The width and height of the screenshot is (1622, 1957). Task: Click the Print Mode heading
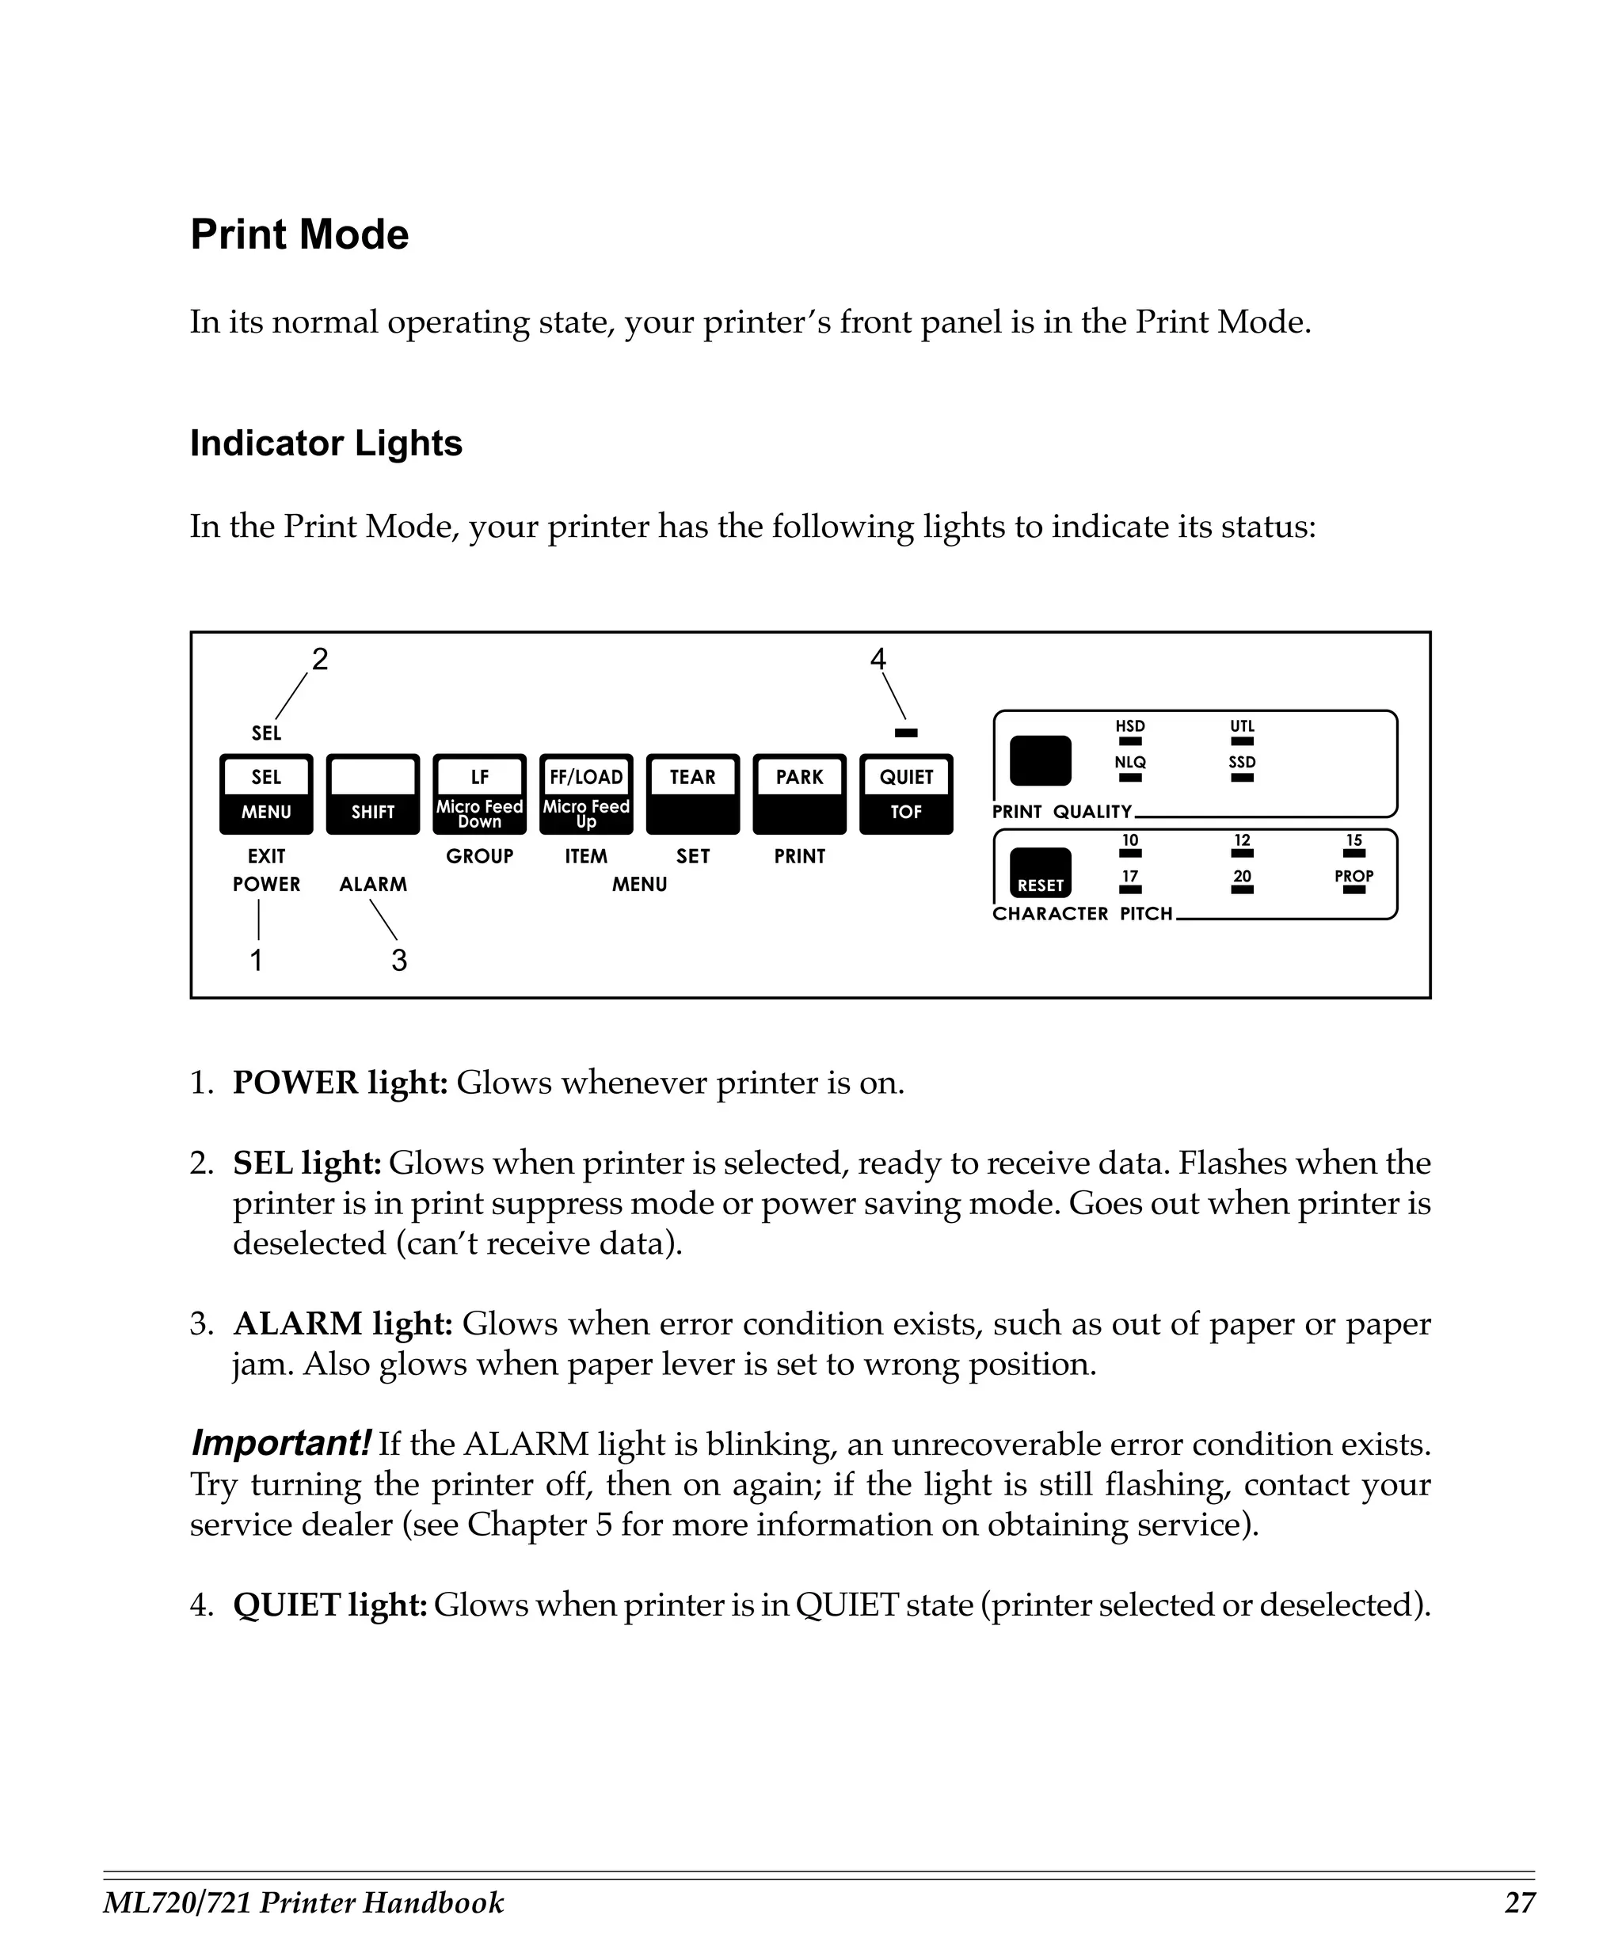pyautogui.click(x=299, y=234)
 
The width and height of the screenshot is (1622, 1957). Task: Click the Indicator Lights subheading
pyautogui.click(x=326, y=444)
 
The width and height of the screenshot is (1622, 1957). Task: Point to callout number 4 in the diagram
pyautogui.click(x=878, y=660)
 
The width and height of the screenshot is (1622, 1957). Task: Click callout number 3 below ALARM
pyautogui.click(x=398, y=960)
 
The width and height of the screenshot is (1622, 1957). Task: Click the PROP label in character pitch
pyautogui.click(x=1354, y=876)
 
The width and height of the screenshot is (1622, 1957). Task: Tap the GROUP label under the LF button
pyautogui.click(x=480, y=856)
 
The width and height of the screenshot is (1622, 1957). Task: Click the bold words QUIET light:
pyautogui.click(x=329, y=1605)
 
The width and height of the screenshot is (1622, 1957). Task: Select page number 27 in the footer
pyautogui.click(x=1520, y=1902)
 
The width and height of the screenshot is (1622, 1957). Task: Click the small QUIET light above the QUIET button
pyautogui.click(x=905, y=733)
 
